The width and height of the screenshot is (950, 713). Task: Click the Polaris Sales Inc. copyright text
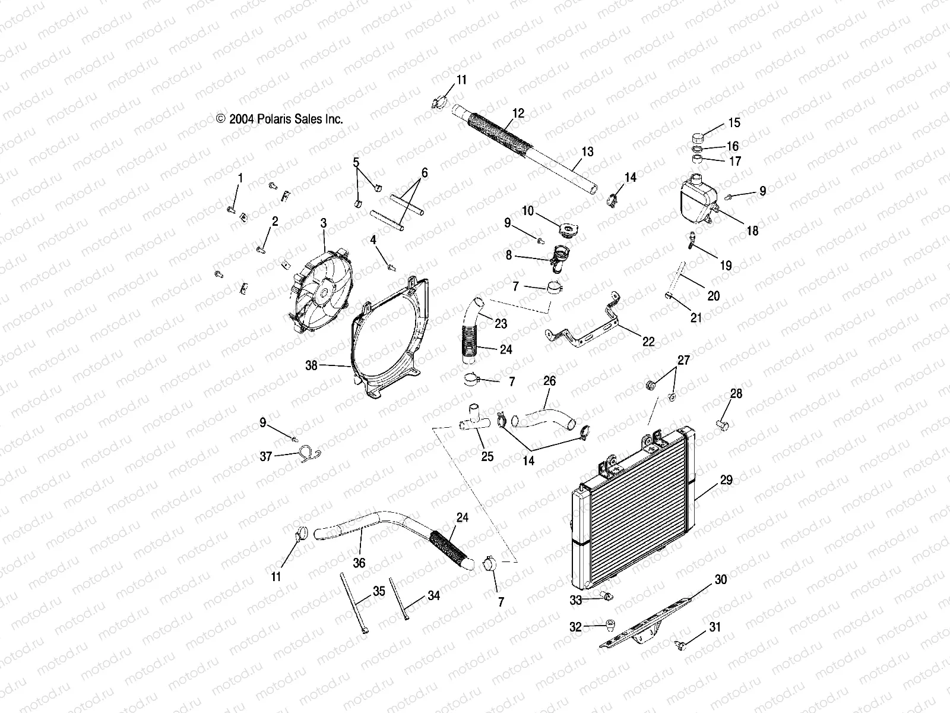(x=279, y=119)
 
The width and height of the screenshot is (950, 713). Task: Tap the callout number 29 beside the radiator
(x=726, y=480)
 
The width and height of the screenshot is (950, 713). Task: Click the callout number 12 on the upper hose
(x=518, y=113)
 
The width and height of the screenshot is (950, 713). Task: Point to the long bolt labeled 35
(x=352, y=600)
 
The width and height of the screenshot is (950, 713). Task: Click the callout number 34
(x=434, y=595)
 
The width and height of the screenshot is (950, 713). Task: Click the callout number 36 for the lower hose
(x=359, y=563)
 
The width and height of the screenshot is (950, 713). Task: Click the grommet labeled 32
(x=608, y=624)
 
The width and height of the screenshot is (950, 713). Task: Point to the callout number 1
(x=240, y=178)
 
